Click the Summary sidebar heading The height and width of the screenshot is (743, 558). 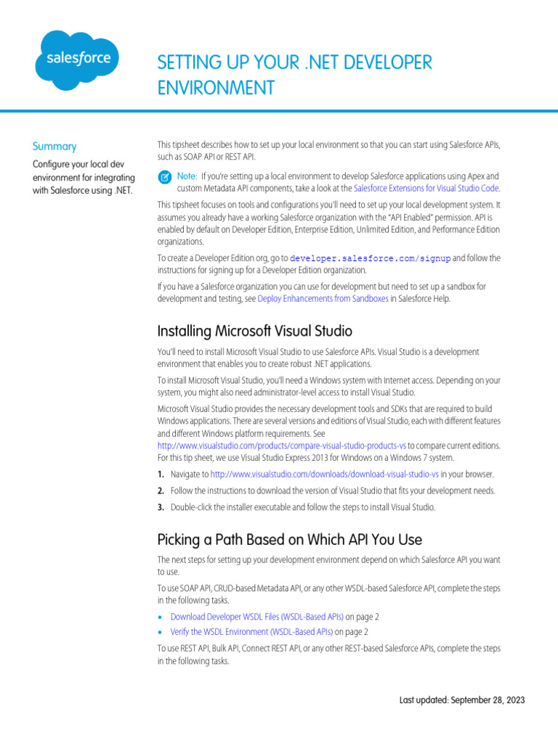54,146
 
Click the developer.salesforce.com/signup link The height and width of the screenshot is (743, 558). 371,258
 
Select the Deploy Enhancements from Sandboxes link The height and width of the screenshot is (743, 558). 323,298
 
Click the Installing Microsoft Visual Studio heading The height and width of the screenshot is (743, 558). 254,331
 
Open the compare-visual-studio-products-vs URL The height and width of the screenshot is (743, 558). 282,446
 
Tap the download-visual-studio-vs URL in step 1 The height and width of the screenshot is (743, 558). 324,474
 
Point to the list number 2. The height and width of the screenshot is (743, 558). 161,490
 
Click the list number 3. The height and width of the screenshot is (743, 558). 161,507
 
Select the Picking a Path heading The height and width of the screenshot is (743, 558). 289,540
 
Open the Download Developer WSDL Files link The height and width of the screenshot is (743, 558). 256,617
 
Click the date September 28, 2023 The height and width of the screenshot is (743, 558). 487,700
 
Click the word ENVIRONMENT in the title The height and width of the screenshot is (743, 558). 216,88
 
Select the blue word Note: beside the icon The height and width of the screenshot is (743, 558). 187,176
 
